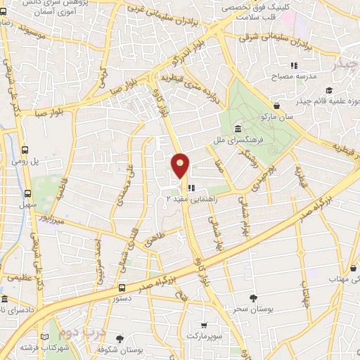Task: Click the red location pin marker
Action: (181, 166)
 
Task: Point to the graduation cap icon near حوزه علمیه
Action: (329, 91)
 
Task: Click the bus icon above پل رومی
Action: (26, 150)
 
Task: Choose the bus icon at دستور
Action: (122, 288)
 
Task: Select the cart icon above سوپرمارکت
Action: (203, 326)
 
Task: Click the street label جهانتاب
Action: (304, 288)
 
